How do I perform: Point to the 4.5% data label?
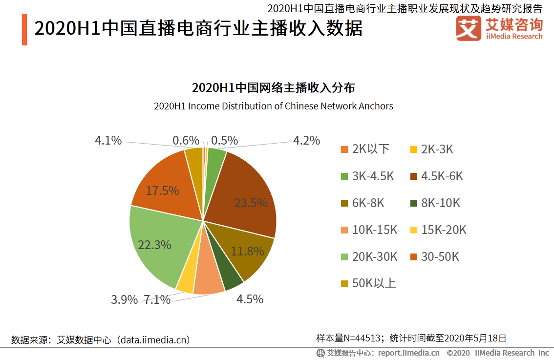click(250, 299)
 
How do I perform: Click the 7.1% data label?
click(157, 300)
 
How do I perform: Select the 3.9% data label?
click(124, 300)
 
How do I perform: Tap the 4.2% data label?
click(306, 141)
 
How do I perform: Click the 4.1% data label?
click(108, 141)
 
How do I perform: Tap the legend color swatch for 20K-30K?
click(344, 257)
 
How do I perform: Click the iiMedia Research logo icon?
click(468, 28)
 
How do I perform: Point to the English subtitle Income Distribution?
click(273, 106)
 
